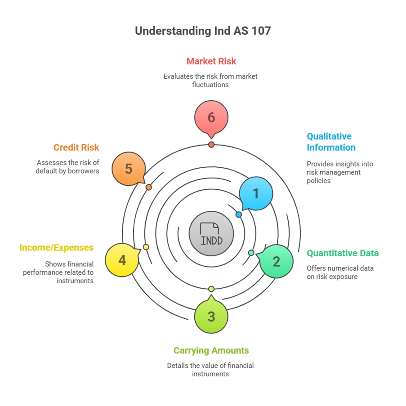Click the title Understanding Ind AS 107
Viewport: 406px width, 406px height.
coord(203,31)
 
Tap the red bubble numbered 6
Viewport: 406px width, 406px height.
coord(211,118)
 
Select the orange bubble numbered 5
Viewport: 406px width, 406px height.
coord(129,169)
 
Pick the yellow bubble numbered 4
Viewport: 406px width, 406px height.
coord(122,260)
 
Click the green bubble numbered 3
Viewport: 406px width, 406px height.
coord(211,316)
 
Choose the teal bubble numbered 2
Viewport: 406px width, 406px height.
coord(277,261)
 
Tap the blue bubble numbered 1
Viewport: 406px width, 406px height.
coord(256,193)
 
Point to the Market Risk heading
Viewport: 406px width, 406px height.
coord(211,61)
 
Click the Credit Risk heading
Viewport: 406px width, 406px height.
coord(76,147)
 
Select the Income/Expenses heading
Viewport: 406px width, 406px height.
coord(56,248)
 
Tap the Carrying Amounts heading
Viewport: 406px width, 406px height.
coord(211,350)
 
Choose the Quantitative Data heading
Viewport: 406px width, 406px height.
coord(343,253)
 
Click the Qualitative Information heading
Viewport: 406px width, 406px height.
coord(331,142)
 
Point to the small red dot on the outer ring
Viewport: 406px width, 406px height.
coord(211,144)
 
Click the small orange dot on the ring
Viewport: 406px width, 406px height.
coord(149,187)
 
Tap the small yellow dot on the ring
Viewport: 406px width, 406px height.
coord(146,247)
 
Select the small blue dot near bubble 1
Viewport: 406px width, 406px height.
coord(239,214)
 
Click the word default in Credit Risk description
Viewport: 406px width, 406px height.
coord(47,171)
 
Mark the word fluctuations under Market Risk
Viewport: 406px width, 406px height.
coord(210,84)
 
